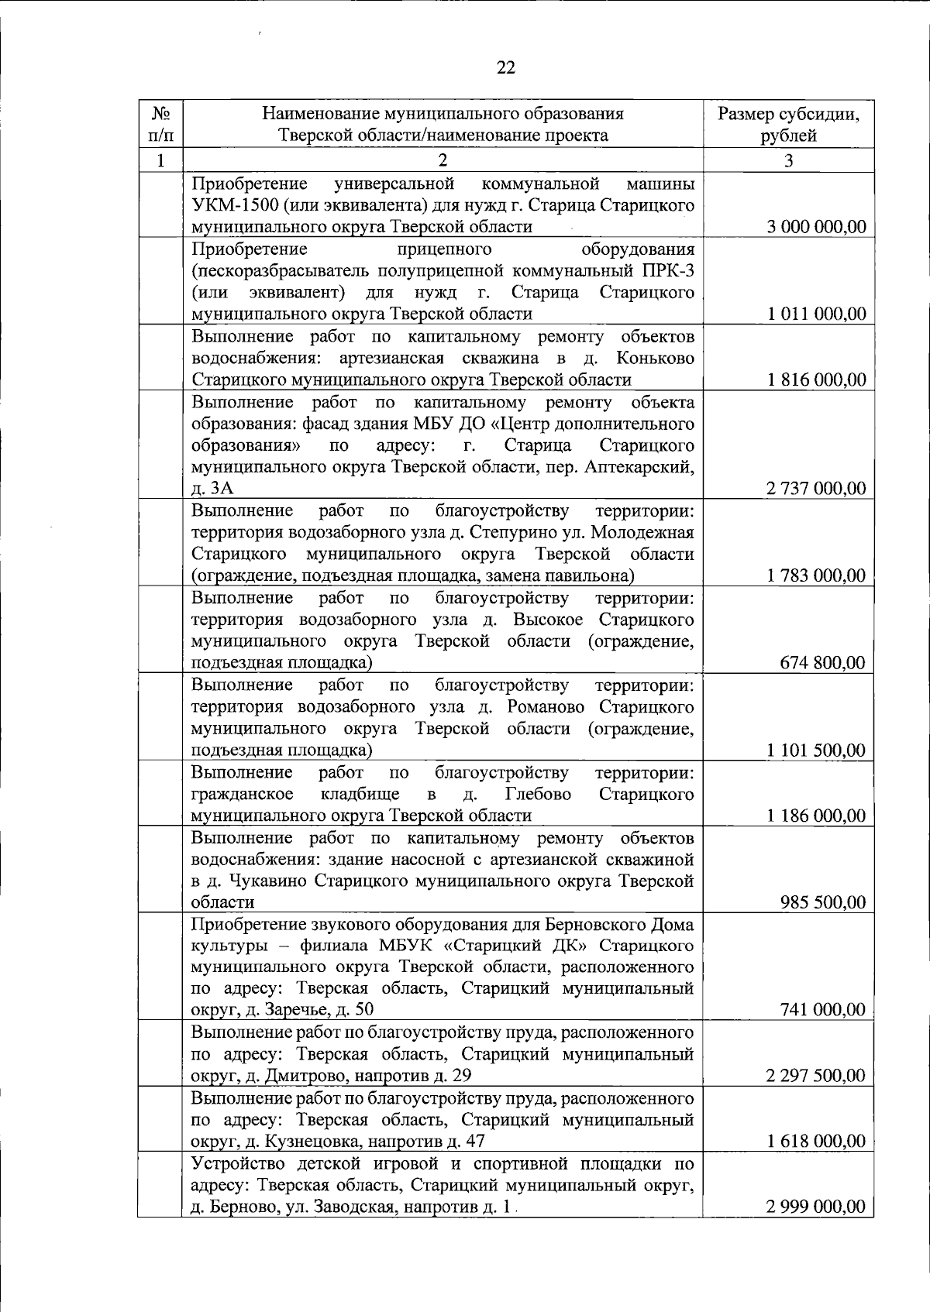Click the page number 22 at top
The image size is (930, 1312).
point(505,67)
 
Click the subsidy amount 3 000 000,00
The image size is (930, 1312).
point(816,227)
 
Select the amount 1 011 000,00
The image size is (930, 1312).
point(816,314)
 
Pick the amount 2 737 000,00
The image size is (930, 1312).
point(816,489)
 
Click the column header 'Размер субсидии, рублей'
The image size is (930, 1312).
point(788,125)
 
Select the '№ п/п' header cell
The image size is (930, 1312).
point(160,125)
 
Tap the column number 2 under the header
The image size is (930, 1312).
point(443,161)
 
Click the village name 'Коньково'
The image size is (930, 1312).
point(656,358)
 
